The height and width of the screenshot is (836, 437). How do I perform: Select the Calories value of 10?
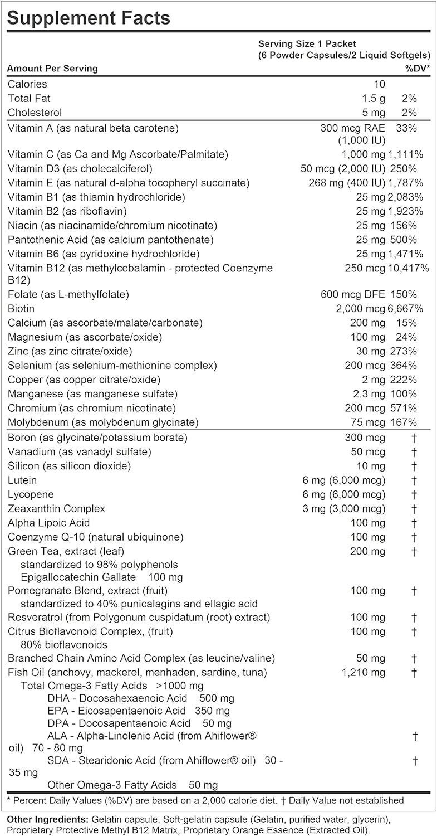click(x=379, y=84)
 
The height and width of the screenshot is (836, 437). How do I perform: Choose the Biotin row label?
click(x=21, y=308)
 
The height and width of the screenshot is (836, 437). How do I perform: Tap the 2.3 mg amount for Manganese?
click(x=369, y=393)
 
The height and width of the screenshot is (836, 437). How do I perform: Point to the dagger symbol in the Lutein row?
click(x=414, y=480)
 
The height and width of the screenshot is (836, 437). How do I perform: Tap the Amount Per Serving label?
click(x=52, y=68)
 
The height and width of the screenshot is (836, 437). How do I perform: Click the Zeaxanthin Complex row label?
click(x=56, y=508)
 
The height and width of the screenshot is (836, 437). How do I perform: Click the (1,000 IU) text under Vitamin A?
click(x=361, y=140)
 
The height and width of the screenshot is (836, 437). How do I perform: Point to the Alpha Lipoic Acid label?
click(x=48, y=523)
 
